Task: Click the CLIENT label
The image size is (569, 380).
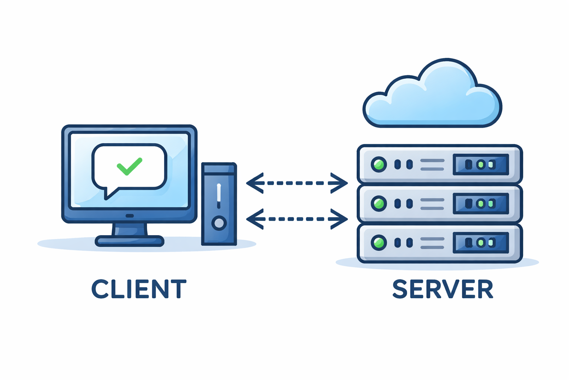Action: pos(139,289)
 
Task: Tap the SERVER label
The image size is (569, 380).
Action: pos(443,289)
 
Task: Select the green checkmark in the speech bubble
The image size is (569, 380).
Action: pos(129,166)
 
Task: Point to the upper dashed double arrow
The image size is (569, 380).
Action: pos(297,183)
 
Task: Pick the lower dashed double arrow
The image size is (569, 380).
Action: pos(297,219)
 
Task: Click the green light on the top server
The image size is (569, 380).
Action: pos(379,164)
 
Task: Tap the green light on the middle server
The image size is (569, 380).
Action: pos(379,203)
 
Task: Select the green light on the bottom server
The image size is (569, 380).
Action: pos(379,243)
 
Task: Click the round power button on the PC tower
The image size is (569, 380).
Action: pos(219,223)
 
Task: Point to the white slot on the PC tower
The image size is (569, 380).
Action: pos(219,193)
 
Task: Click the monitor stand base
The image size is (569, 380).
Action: pos(129,241)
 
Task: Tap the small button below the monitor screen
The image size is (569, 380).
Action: pos(130,216)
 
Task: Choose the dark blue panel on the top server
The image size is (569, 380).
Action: pos(481,164)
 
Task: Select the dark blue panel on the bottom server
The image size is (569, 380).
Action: pos(481,243)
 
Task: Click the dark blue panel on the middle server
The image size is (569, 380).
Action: pos(481,203)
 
